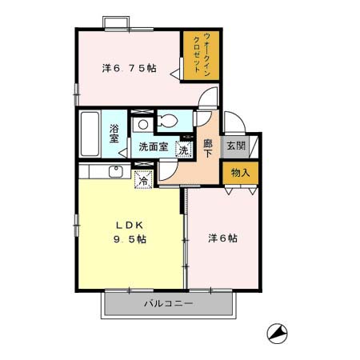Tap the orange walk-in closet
[x=197, y=55]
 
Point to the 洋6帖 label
[x=222, y=238]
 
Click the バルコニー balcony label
[x=168, y=304]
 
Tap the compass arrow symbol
[x=275, y=331]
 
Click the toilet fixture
[x=170, y=122]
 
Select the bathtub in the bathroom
[x=90, y=134]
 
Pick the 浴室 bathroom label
[x=114, y=133]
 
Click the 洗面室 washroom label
[x=152, y=147]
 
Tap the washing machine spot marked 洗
[x=183, y=148]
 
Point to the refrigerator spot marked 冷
[x=143, y=180]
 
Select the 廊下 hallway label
[x=207, y=149]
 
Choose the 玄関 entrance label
[x=236, y=146]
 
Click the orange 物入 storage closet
[x=241, y=172]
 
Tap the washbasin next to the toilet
[x=141, y=123]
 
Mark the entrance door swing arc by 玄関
[x=232, y=124]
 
